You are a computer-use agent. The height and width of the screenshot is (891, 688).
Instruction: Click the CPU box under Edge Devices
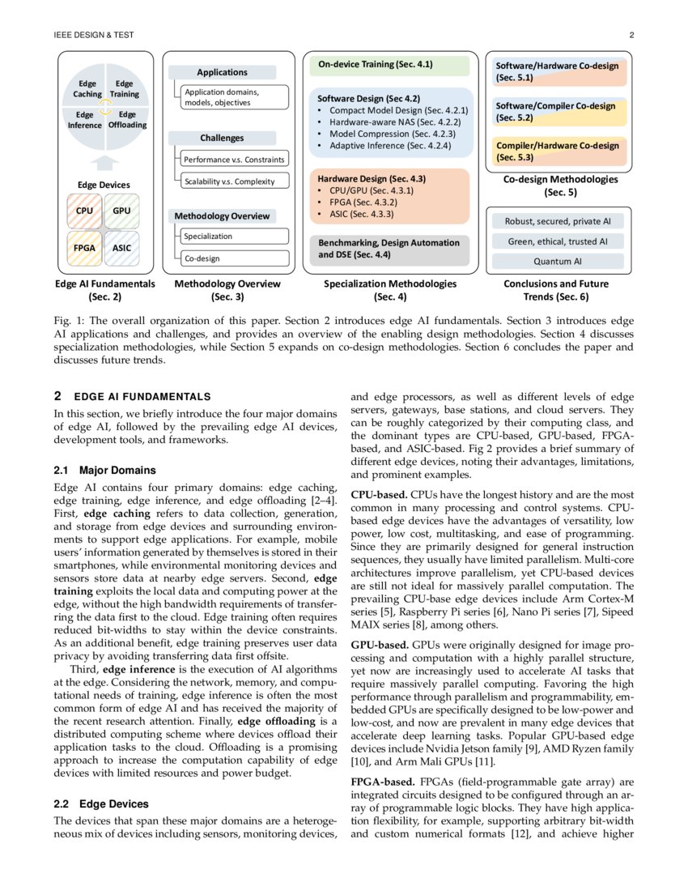[x=84, y=211]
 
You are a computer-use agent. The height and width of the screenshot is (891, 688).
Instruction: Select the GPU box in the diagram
[x=122, y=211]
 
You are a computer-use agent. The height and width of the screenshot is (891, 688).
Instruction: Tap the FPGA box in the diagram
[x=84, y=249]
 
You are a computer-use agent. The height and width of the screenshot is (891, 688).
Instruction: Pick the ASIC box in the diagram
[x=122, y=249]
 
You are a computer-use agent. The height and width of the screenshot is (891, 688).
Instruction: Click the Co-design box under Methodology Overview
[x=231, y=258]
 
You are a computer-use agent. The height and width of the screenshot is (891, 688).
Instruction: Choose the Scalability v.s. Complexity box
[x=231, y=181]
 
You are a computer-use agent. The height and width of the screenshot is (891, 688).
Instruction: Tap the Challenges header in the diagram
[x=222, y=139]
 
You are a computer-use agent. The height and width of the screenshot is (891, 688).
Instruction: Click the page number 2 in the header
[x=631, y=36]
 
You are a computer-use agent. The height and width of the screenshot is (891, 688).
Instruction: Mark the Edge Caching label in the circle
[x=87, y=89]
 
